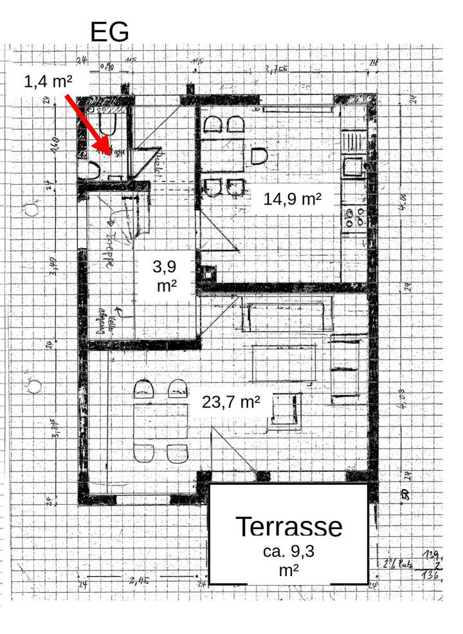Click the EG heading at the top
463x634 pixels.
(109, 32)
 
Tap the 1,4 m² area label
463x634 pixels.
(47, 82)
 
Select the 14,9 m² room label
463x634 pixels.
(292, 199)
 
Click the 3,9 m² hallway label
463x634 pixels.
(167, 275)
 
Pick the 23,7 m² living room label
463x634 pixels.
(231, 403)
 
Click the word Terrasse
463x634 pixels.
(289, 527)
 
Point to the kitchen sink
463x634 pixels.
(354, 167)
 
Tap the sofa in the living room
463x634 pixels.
(286, 314)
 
